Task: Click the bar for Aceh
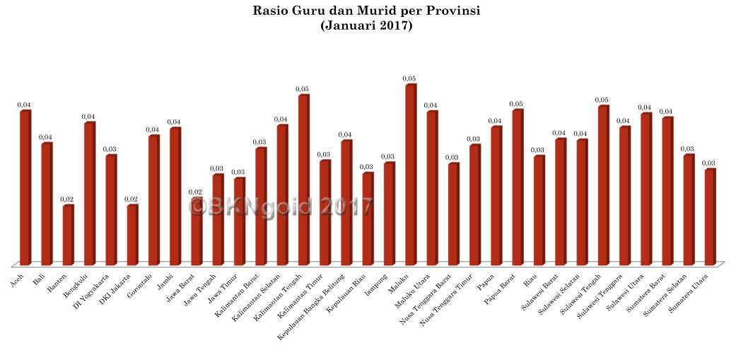click(x=25, y=187)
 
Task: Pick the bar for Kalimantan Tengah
click(x=303, y=180)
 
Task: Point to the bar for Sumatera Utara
click(x=710, y=216)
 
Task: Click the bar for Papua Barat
click(x=518, y=187)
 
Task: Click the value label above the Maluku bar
click(x=409, y=79)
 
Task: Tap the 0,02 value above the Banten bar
click(x=67, y=199)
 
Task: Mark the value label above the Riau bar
click(x=538, y=150)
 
